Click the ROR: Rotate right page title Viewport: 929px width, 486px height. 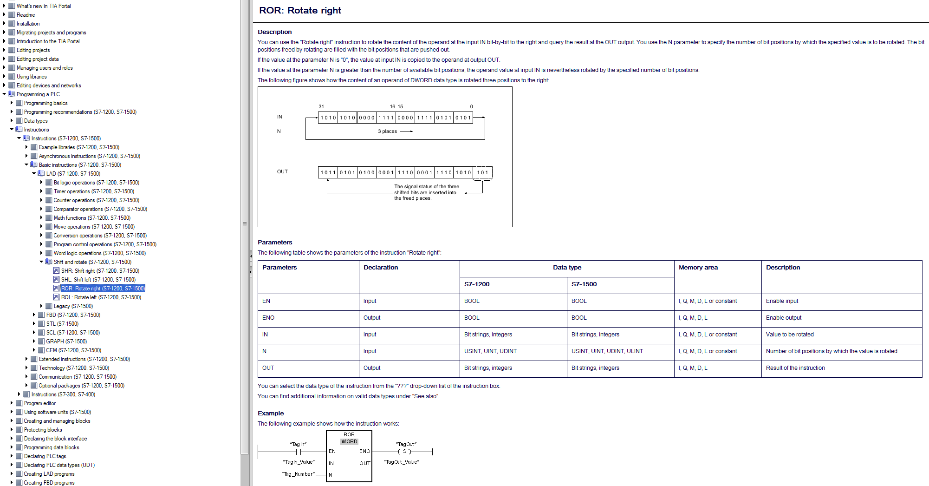coord(300,10)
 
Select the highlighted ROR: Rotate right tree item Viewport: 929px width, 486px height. coord(103,289)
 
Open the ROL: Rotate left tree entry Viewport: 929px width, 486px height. coord(101,297)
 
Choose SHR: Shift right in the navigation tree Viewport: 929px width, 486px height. coord(100,271)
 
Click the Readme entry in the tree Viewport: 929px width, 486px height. coord(26,15)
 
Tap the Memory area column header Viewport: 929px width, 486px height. coord(698,268)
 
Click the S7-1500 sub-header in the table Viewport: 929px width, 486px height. coord(584,284)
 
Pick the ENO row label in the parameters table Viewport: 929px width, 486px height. coord(268,318)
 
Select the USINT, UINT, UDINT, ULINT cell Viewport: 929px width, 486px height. coord(607,351)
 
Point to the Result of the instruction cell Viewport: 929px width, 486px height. coord(795,368)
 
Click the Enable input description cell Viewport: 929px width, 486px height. coord(782,301)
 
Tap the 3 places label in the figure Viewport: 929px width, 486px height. coord(387,131)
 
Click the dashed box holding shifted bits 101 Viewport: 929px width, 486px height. coord(482,172)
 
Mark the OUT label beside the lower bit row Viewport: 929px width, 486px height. coord(282,171)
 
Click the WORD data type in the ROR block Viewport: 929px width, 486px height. coord(349,442)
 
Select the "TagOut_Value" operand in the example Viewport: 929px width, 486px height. coord(402,462)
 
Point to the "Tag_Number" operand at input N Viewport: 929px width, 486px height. coord(298,474)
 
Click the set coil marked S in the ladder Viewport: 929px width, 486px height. coord(404,452)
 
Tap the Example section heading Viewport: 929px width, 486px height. coord(271,414)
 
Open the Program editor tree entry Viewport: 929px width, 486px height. coord(39,403)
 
